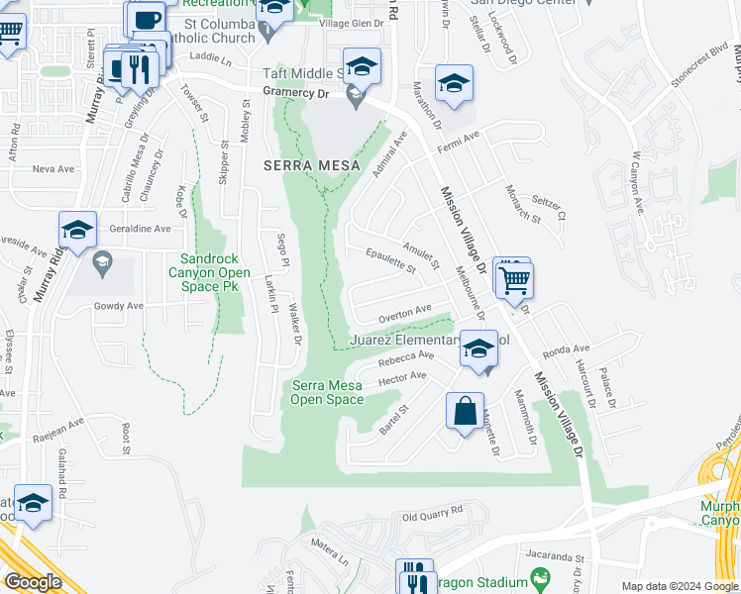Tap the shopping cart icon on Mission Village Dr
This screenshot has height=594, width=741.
[x=515, y=280]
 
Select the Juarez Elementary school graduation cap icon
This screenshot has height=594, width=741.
[x=478, y=351]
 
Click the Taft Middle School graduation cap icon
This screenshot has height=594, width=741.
[x=362, y=67]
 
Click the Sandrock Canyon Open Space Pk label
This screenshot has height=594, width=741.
[x=202, y=272]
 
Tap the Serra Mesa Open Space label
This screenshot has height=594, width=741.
[x=326, y=392]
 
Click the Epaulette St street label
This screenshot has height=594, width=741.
[x=390, y=262]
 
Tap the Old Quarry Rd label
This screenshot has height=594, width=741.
[x=432, y=515]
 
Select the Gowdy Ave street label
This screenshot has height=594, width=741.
[x=119, y=306]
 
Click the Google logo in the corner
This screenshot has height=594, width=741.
[x=33, y=581]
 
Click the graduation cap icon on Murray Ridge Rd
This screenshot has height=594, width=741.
[x=77, y=232]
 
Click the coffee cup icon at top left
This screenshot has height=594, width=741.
[x=145, y=20]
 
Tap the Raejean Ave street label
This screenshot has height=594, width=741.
[x=59, y=420]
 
